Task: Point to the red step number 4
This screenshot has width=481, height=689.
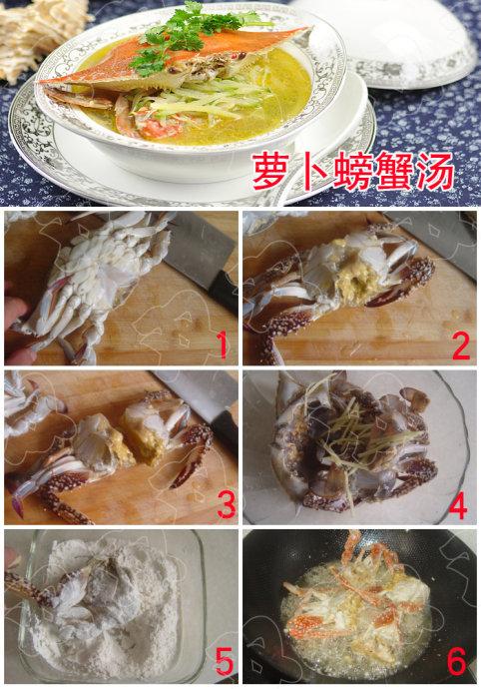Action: [458, 506]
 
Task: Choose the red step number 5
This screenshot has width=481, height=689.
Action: [225, 660]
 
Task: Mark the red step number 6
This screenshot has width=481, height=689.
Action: [458, 660]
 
